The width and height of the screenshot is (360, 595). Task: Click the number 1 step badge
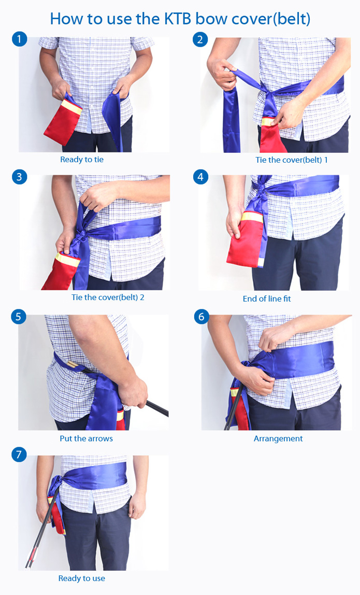(x=19, y=39)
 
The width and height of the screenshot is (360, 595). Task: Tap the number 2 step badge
(x=200, y=39)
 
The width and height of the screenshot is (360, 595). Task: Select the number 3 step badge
(x=19, y=177)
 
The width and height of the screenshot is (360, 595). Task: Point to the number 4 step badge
(x=200, y=177)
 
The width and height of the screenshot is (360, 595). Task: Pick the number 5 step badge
(x=19, y=317)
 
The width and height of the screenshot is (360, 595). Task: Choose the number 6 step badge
(x=201, y=317)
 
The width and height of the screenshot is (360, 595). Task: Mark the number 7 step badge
(x=19, y=454)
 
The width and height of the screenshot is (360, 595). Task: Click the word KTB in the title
(x=181, y=19)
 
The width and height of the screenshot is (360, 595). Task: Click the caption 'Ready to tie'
(x=82, y=160)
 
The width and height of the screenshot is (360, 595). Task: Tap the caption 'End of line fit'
(x=267, y=299)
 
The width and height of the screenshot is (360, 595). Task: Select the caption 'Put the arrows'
(x=86, y=438)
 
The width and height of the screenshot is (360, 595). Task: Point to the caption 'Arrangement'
(x=278, y=439)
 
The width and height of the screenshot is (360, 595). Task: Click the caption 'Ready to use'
(x=81, y=578)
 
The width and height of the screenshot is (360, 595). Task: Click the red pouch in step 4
(x=246, y=239)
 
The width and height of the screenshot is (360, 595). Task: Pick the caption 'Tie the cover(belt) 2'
(x=108, y=297)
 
